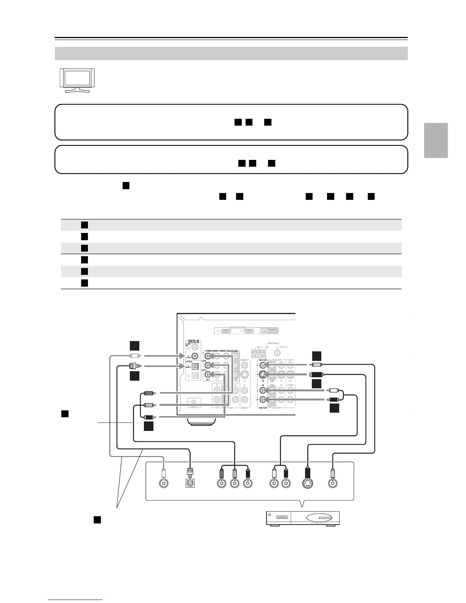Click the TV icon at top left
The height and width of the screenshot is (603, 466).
[78, 80]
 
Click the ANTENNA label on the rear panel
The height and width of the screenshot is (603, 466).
[273, 343]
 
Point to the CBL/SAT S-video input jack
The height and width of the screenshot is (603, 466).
[262, 375]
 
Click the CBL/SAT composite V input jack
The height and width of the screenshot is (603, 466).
[262, 365]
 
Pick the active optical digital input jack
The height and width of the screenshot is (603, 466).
[195, 366]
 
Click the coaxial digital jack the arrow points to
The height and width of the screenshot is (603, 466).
[195, 356]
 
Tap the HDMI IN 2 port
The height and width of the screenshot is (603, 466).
[226, 331]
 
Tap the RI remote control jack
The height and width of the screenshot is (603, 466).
[195, 402]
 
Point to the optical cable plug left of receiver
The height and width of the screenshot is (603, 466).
[133, 367]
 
